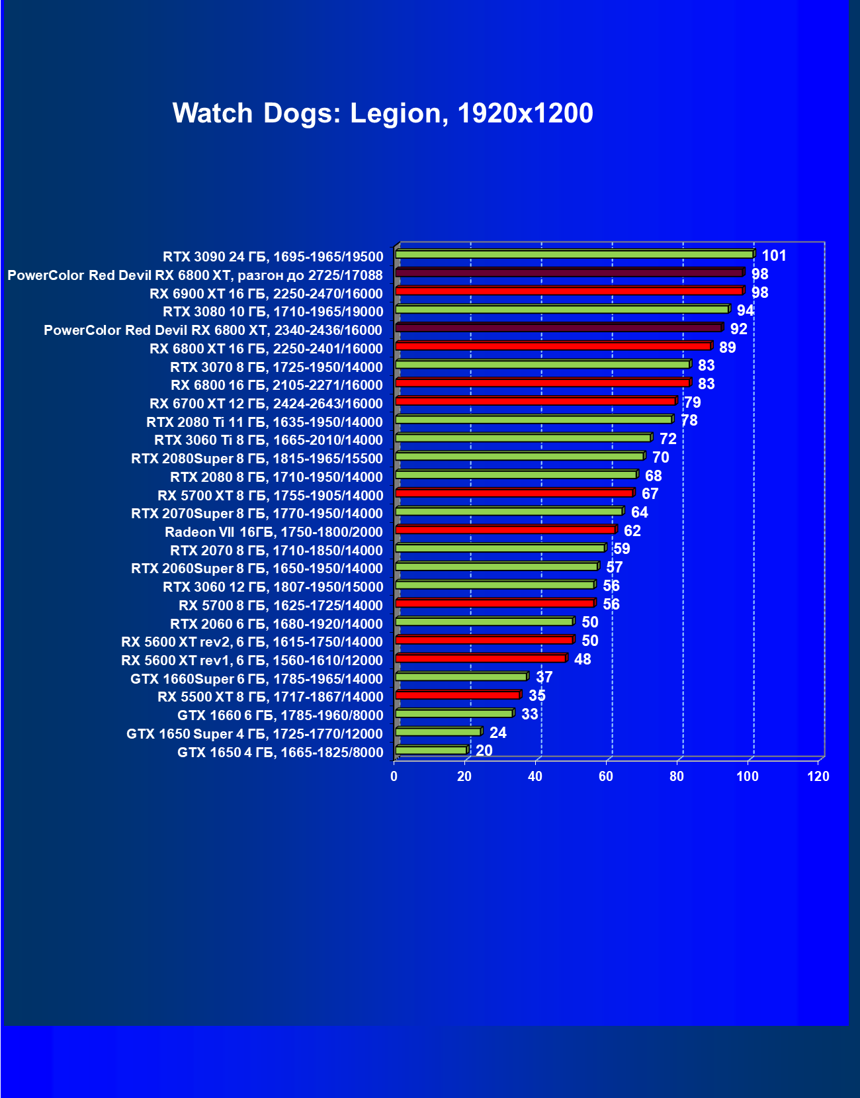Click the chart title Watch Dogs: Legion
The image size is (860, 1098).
pyautogui.click(x=382, y=113)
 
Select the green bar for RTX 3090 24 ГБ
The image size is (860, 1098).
pyautogui.click(x=574, y=254)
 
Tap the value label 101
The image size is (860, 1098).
pyautogui.click(x=773, y=255)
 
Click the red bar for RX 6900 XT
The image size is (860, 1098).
pyautogui.click(x=569, y=291)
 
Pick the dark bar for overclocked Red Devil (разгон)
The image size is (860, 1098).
pyautogui.click(x=569, y=273)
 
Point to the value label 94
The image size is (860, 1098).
pyautogui.click(x=745, y=310)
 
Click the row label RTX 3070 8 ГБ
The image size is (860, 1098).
pyautogui.click(x=276, y=367)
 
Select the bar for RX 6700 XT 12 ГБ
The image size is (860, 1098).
pyautogui.click(x=535, y=401)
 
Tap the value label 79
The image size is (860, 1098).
pyautogui.click(x=692, y=402)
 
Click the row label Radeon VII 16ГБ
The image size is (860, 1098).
pyautogui.click(x=273, y=532)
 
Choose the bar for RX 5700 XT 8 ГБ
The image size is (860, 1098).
pyautogui.click(x=514, y=493)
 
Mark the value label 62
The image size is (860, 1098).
pyautogui.click(x=632, y=531)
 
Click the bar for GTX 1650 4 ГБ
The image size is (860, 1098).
pyautogui.click(x=431, y=750)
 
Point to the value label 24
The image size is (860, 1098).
pyautogui.click(x=497, y=733)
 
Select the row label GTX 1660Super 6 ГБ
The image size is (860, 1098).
pyautogui.click(x=256, y=678)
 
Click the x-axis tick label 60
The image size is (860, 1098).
pyautogui.click(x=606, y=776)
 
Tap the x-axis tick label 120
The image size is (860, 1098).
pyautogui.click(x=818, y=776)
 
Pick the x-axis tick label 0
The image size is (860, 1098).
pyautogui.click(x=394, y=776)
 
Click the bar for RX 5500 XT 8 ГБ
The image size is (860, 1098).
pyautogui.click(x=458, y=695)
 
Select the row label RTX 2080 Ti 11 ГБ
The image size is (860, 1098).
pyautogui.click(x=264, y=422)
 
